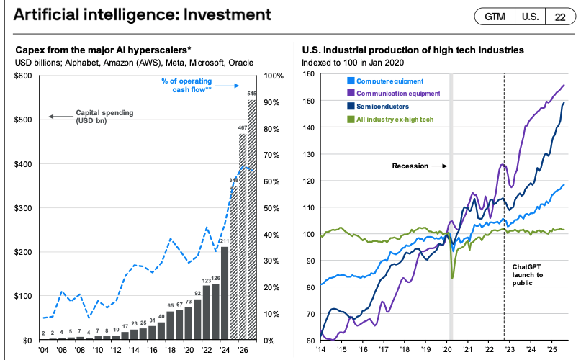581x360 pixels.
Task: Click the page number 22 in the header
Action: click(559, 16)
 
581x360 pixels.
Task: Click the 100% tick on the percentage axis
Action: click(274, 76)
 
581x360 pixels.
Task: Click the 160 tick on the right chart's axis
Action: click(309, 73)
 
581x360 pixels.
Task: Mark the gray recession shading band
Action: click(451, 216)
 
